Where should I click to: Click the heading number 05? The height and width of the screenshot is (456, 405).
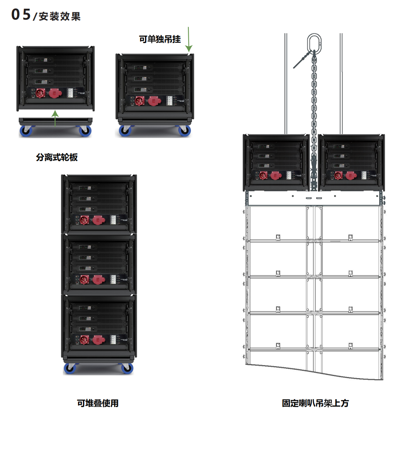click(x=21, y=14)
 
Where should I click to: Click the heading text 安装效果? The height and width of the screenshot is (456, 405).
click(x=60, y=17)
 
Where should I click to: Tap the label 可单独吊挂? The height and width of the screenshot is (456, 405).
click(x=160, y=39)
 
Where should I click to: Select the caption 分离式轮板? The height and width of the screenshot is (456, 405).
click(x=57, y=157)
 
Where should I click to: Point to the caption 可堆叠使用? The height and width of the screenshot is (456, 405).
click(x=98, y=403)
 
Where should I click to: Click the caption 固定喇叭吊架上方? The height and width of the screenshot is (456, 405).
click(x=315, y=403)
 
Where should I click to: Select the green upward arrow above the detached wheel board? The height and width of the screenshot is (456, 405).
click(x=55, y=118)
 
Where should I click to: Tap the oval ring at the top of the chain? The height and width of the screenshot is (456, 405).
click(x=314, y=42)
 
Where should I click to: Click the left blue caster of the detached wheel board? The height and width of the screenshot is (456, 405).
click(x=26, y=131)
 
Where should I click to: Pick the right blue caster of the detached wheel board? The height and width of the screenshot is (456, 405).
click(x=85, y=131)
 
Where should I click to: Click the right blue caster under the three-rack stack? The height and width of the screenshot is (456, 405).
click(x=127, y=368)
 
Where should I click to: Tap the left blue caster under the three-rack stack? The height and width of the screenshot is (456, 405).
click(x=70, y=368)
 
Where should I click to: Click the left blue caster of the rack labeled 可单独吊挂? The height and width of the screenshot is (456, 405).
click(x=125, y=130)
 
